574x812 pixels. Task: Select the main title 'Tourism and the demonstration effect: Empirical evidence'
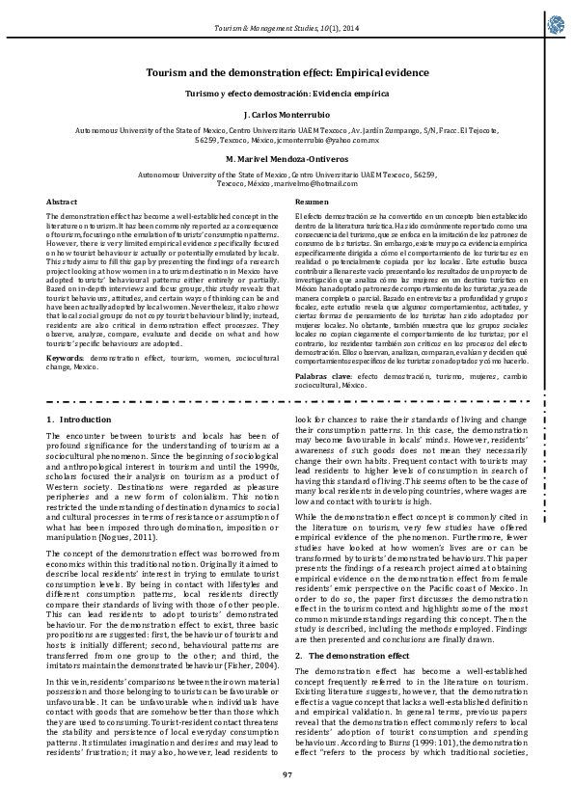287,72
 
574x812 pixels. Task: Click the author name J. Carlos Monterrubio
287,114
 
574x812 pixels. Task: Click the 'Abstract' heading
62,201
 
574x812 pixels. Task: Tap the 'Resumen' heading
312,201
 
